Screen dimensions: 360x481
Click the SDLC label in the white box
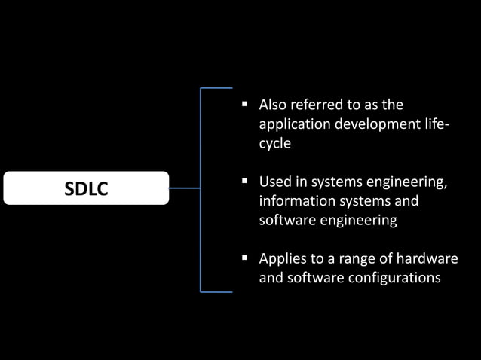coord(86,189)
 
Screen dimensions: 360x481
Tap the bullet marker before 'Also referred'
coord(245,105)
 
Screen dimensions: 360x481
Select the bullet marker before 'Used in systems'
coord(245,182)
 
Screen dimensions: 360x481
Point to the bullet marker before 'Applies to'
coord(245,258)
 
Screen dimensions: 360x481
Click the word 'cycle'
coord(275,143)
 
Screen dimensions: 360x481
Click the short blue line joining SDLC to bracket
coord(185,188)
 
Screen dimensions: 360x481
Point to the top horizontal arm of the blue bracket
coord(216,88)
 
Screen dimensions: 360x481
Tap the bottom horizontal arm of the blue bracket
coord(216,291)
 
